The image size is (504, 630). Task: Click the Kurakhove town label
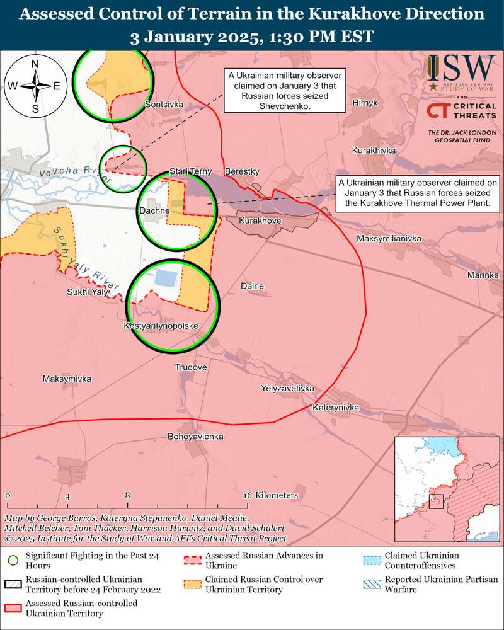click(260, 222)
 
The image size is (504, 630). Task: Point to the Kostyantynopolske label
click(162, 326)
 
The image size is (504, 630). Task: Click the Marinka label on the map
click(483, 275)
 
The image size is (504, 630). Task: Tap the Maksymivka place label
click(67, 379)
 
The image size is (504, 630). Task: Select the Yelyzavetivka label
click(287, 389)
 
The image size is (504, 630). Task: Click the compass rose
click(35, 85)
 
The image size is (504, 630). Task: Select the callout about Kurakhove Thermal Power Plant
click(417, 193)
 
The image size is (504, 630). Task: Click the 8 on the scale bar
click(127, 495)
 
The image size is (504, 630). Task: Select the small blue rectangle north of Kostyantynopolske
click(165, 277)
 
